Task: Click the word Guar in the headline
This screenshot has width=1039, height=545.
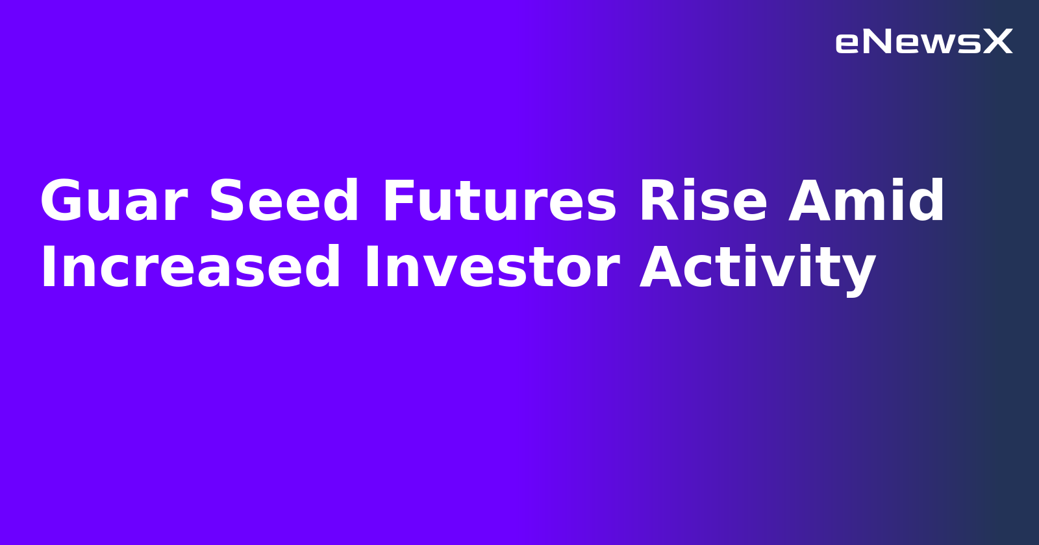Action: [x=114, y=202]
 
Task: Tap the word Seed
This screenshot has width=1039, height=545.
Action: [x=284, y=202]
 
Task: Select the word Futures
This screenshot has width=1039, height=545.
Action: [x=499, y=202]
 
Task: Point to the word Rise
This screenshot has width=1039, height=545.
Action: [x=703, y=202]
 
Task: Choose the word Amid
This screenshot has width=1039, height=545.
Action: [x=866, y=202]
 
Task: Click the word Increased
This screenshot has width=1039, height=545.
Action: [x=190, y=268]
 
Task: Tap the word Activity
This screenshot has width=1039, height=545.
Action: [x=758, y=268]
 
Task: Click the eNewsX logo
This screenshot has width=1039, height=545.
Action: [x=923, y=42]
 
